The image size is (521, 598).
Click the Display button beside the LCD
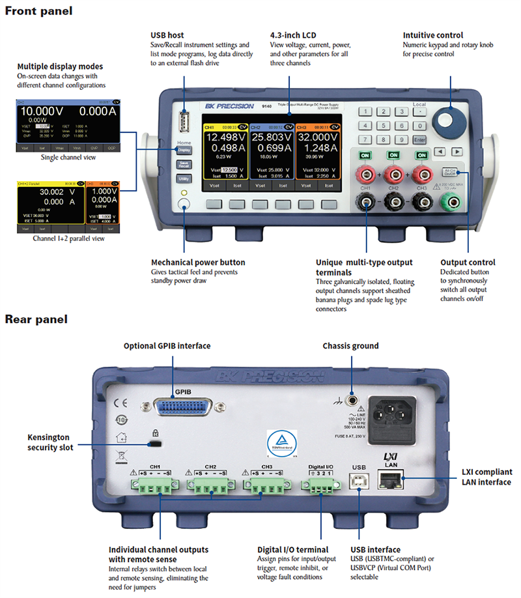pos(184,150)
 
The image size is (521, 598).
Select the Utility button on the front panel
pos(184,178)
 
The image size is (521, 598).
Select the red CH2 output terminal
pos(393,173)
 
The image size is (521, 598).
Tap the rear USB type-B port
pos(359,481)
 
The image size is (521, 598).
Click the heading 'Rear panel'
pos(36,319)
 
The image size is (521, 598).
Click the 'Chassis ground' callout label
pos(350,346)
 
